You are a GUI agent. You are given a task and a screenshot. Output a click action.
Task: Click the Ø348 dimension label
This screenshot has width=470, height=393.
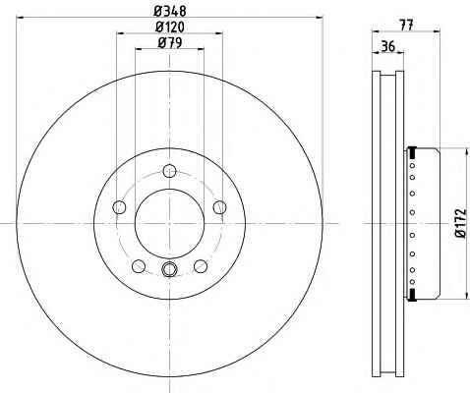[x=170, y=11]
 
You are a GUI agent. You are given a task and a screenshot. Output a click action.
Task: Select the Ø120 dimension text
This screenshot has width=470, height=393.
[x=170, y=27]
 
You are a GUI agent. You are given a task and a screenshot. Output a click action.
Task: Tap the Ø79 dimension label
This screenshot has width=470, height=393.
[x=170, y=42]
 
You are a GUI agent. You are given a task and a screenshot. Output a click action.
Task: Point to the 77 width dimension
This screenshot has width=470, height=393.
[x=406, y=26]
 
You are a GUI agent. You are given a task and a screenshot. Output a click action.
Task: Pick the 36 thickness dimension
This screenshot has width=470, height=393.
[x=388, y=46]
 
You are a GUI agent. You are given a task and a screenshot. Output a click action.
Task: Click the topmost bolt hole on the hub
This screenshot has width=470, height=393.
[x=169, y=171]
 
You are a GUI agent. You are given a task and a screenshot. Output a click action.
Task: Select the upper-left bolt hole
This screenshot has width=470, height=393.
[x=119, y=207]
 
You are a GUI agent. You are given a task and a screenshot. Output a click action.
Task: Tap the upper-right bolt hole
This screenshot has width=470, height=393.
[x=219, y=207]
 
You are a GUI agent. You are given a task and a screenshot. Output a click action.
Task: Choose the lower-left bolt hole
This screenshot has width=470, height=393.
[x=139, y=266]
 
